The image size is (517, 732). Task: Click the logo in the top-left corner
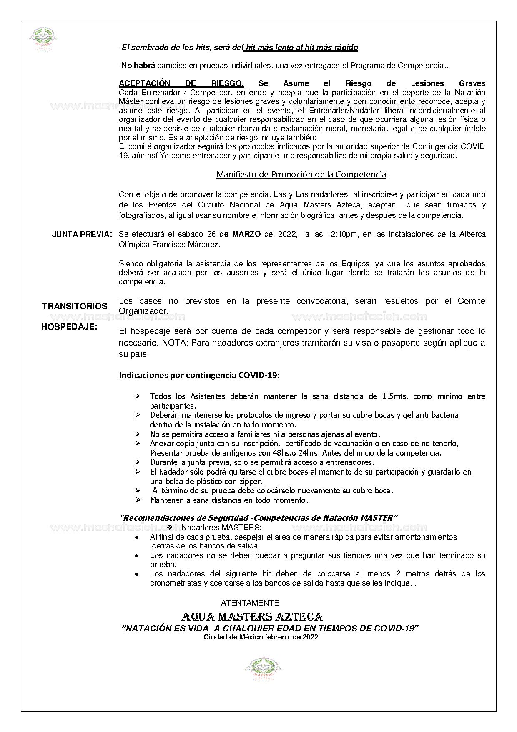coord(43,40)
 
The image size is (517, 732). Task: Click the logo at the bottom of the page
coord(263,669)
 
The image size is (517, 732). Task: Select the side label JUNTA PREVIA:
coord(82,235)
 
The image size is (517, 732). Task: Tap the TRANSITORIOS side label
coord(75,306)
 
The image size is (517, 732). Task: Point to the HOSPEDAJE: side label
coord(69,327)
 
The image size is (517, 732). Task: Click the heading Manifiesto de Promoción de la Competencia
coord(302,174)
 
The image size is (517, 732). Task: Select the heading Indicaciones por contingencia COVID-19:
coord(199,375)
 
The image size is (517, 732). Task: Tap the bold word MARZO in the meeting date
coord(246,234)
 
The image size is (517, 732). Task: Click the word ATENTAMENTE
coord(250,603)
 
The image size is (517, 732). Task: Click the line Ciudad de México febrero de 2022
coord(261,637)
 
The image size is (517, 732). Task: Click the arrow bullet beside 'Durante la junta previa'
coord(138,462)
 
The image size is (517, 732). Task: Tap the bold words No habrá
coord(137,66)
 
